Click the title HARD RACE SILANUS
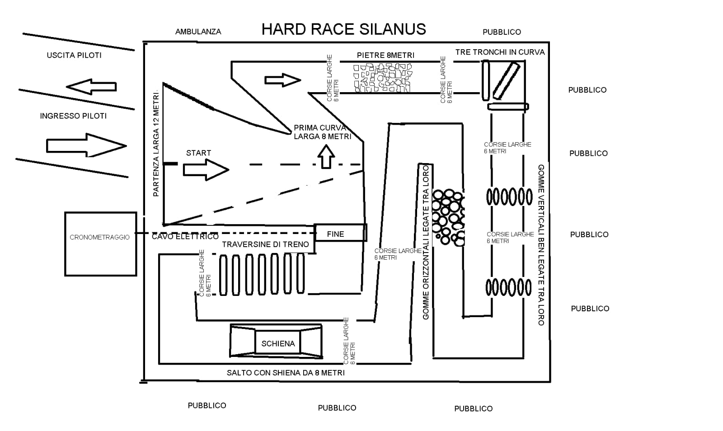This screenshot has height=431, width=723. pyautogui.click(x=343, y=29)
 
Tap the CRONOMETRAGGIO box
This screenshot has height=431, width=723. pyautogui.click(x=100, y=244)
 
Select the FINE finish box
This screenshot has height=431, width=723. pyautogui.click(x=341, y=233)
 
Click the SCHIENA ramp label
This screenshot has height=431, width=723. pyautogui.click(x=278, y=343)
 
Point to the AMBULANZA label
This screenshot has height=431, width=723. pyautogui.click(x=198, y=32)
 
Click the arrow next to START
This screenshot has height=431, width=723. pyautogui.click(x=206, y=170)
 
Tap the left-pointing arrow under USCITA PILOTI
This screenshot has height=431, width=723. pyautogui.click(x=91, y=86)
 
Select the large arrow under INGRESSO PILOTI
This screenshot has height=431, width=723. pyautogui.click(x=86, y=145)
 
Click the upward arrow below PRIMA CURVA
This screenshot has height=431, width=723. pyautogui.click(x=326, y=156)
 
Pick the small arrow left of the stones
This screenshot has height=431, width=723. pyautogui.click(x=283, y=80)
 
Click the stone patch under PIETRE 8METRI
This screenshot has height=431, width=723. pyautogui.click(x=383, y=78)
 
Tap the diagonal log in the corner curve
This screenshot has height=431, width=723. pyautogui.click(x=506, y=81)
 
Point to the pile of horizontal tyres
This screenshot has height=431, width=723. pyautogui.click(x=448, y=218)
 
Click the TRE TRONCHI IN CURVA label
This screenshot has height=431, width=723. pyautogui.click(x=500, y=52)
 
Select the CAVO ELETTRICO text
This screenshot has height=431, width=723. pyautogui.click(x=185, y=236)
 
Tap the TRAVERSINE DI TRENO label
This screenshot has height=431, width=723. pyautogui.click(x=265, y=244)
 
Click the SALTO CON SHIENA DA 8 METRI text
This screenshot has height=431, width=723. pyautogui.click(x=286, y=373)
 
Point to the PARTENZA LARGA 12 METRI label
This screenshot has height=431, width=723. pyautogui.click(x=156, y=143)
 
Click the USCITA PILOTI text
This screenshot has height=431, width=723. pyautogui.click(x=74, y=55)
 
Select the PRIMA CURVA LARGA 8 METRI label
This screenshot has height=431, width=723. pyautogui.click(x=323, y=132)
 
